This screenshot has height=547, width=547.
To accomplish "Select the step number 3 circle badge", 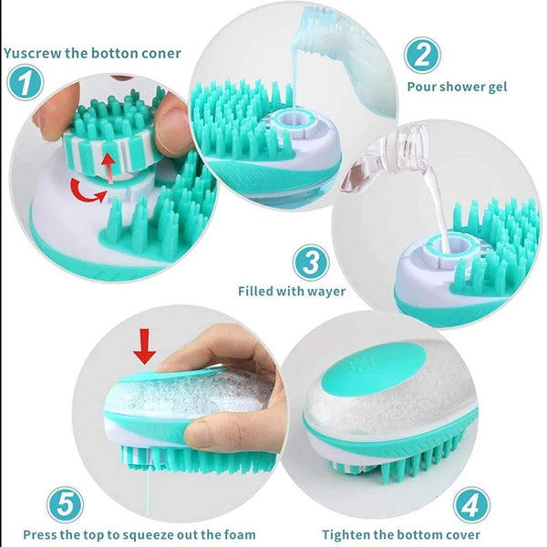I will [x=310, y=263].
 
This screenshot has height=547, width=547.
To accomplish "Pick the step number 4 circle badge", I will [x=471, y=504].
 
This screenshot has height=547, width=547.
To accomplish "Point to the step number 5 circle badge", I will [x=65, y=504].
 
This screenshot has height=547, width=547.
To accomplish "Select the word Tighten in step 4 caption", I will [x=346, y=534].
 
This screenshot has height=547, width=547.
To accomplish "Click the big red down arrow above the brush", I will [x=144, y=345].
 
